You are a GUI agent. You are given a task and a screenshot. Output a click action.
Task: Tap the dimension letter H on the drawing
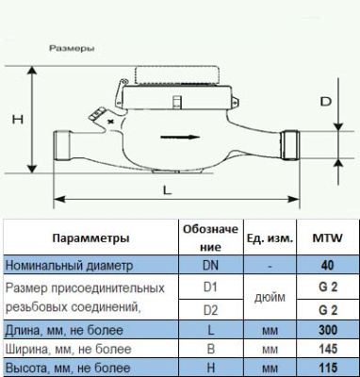[16, 120]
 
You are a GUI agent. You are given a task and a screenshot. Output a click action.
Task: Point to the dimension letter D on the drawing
[324, 101]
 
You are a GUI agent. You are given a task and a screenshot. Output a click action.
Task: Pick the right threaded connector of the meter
[293, 142]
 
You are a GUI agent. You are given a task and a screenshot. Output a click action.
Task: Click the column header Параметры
[90, 238]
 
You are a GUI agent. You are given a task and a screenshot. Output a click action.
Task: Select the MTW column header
[326, 238]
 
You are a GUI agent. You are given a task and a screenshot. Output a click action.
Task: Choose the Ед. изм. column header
[271, 238]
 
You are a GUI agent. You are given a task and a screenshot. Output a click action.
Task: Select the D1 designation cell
[211, 286]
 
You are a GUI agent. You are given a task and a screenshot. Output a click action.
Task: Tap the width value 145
[326, 348]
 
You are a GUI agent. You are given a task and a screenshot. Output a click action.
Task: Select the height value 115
[326, 368]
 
